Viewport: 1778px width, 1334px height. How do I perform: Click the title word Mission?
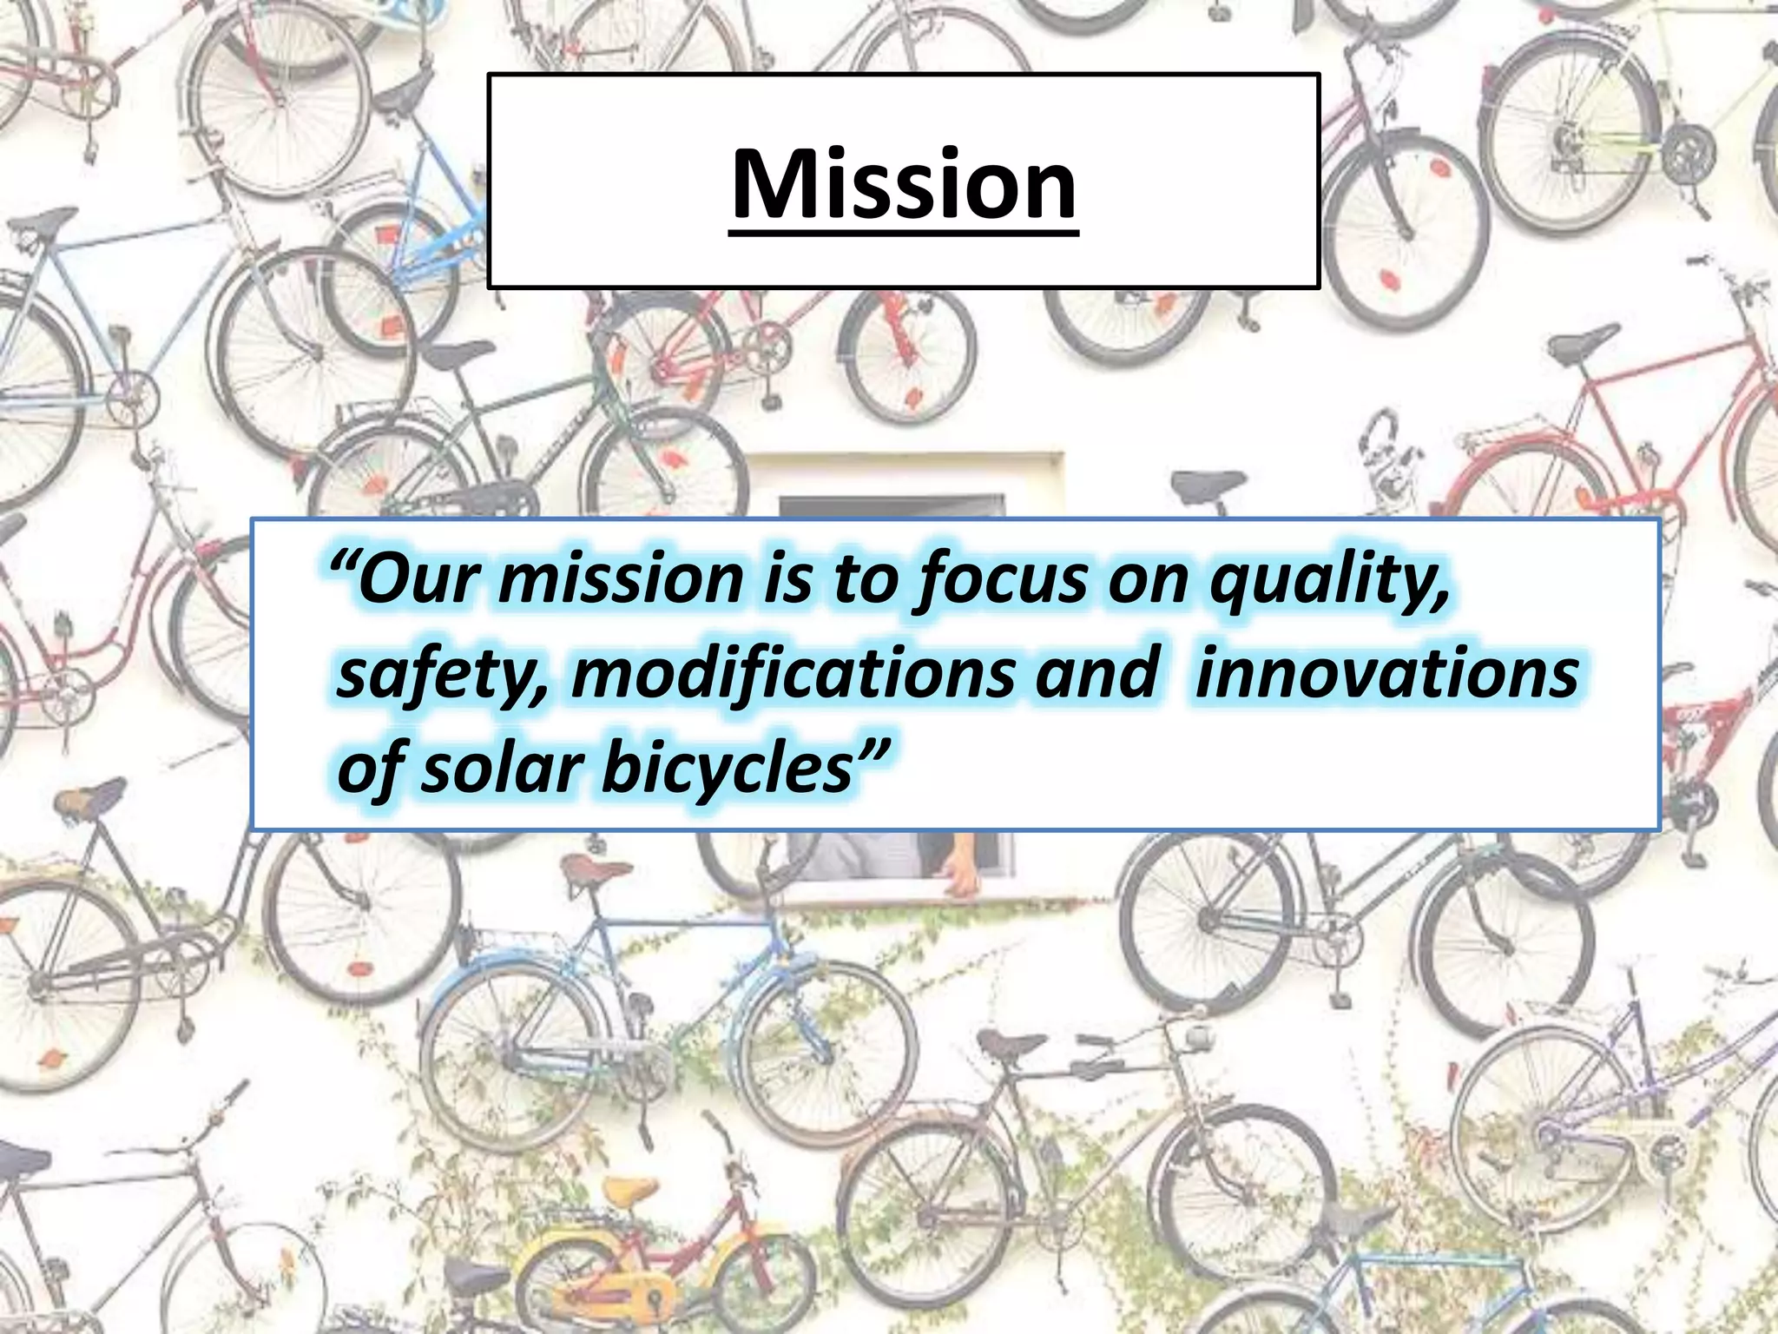(x=903, y=184)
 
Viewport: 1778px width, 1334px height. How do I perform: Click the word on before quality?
(x=1149, y=580)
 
